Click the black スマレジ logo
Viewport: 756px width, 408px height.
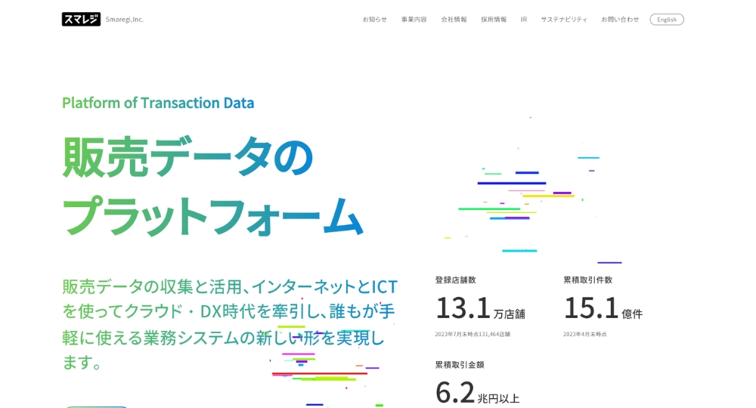(81, 20)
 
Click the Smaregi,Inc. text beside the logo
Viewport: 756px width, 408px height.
(125, 20)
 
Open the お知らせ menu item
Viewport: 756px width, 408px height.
(375, 20)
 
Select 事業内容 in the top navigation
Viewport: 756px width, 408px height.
(414, 20)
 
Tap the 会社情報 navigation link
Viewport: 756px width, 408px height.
(454, 20)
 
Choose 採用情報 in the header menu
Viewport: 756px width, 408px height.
(494, 20)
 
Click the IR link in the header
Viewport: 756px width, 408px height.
(524, 20)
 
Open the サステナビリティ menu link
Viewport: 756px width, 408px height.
(564, 20)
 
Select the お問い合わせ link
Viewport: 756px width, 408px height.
(620, 20)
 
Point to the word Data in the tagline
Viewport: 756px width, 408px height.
(238, 103)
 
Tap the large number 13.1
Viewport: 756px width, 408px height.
(463, 308)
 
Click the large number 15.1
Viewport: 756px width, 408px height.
(591, 308)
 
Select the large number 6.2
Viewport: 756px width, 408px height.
(455, 393)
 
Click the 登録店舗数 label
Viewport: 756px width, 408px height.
(456, 280)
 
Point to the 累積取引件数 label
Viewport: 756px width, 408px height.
(587, 280)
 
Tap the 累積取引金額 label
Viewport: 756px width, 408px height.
(460, 365)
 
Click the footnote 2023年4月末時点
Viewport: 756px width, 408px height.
(585, 334)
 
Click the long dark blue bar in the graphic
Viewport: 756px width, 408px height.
(512, 183)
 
